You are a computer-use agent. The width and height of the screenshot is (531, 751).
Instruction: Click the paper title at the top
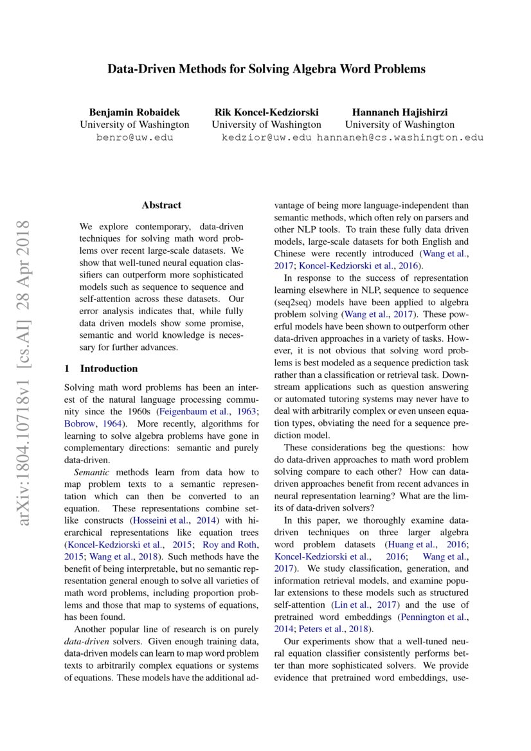(265, 69)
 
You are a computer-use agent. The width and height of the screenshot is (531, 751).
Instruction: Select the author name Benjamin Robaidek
(134, 112)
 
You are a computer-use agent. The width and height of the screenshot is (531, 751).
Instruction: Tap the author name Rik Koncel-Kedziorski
(266, 112)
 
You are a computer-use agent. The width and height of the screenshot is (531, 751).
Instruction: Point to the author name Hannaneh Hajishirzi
(399, 112)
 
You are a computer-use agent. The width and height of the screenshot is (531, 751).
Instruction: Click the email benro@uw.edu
(134, 137)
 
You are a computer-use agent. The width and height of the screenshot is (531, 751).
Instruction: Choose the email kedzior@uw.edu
(266, 137)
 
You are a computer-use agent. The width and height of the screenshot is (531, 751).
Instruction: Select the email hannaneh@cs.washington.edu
(400, 137)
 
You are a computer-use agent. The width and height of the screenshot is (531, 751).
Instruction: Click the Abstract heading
(161, 206)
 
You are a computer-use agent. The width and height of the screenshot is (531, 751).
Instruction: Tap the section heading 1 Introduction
(101, 369)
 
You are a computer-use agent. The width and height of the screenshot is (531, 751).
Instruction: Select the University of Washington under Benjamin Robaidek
(134, 125)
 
